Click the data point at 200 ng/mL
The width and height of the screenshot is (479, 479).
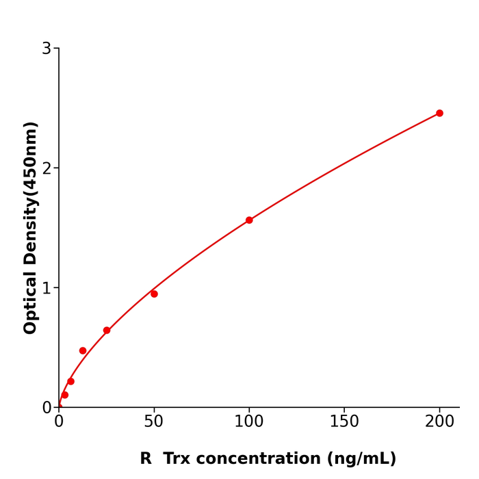(439, 114)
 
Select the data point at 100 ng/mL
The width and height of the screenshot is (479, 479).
(249, 220)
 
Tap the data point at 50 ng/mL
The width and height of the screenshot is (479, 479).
(154, 294)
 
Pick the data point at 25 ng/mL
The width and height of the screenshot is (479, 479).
(107, 331)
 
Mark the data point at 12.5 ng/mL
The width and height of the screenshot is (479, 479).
(83, 350)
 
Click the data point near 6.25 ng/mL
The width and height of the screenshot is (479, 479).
(70, 381)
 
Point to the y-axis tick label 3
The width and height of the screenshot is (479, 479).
(47, 49)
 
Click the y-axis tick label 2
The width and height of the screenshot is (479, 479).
(47, 168)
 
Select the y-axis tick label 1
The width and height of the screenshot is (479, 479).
(47, 288)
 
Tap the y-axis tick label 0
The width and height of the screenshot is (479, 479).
(47, 408)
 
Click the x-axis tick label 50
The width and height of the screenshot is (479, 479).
(154, 422)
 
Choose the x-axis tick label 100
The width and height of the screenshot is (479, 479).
(249, 422)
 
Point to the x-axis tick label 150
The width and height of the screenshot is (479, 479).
(344, 422)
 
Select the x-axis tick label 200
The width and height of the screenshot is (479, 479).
(439, 422)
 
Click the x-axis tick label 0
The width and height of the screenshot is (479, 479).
(59, 422)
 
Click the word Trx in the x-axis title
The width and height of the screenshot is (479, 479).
(178, 459)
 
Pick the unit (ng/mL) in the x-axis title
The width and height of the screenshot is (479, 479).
(362, 459)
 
